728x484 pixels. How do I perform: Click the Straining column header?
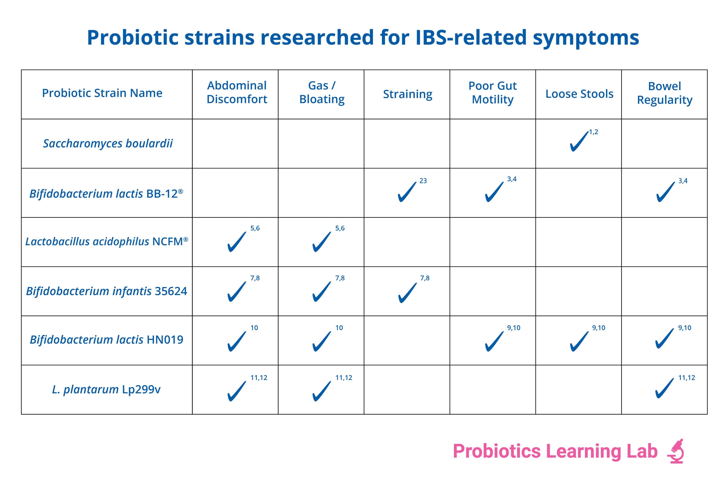407,94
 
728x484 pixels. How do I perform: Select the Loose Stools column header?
579,94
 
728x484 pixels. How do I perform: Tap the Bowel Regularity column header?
665,93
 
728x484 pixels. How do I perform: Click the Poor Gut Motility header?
493,93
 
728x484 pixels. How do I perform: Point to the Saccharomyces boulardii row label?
108,143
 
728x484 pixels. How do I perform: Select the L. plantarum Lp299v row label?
106,389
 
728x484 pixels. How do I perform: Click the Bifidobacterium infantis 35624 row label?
106,291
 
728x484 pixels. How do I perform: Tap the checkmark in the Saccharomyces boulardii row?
579,141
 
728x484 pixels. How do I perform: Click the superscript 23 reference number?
423,181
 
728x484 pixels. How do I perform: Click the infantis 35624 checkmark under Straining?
407,293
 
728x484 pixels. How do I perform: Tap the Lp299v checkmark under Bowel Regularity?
665,388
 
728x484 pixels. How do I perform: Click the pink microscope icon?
676,451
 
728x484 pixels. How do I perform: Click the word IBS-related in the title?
471,37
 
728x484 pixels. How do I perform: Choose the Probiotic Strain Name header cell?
102,93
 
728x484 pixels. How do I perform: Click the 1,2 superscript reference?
593,132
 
